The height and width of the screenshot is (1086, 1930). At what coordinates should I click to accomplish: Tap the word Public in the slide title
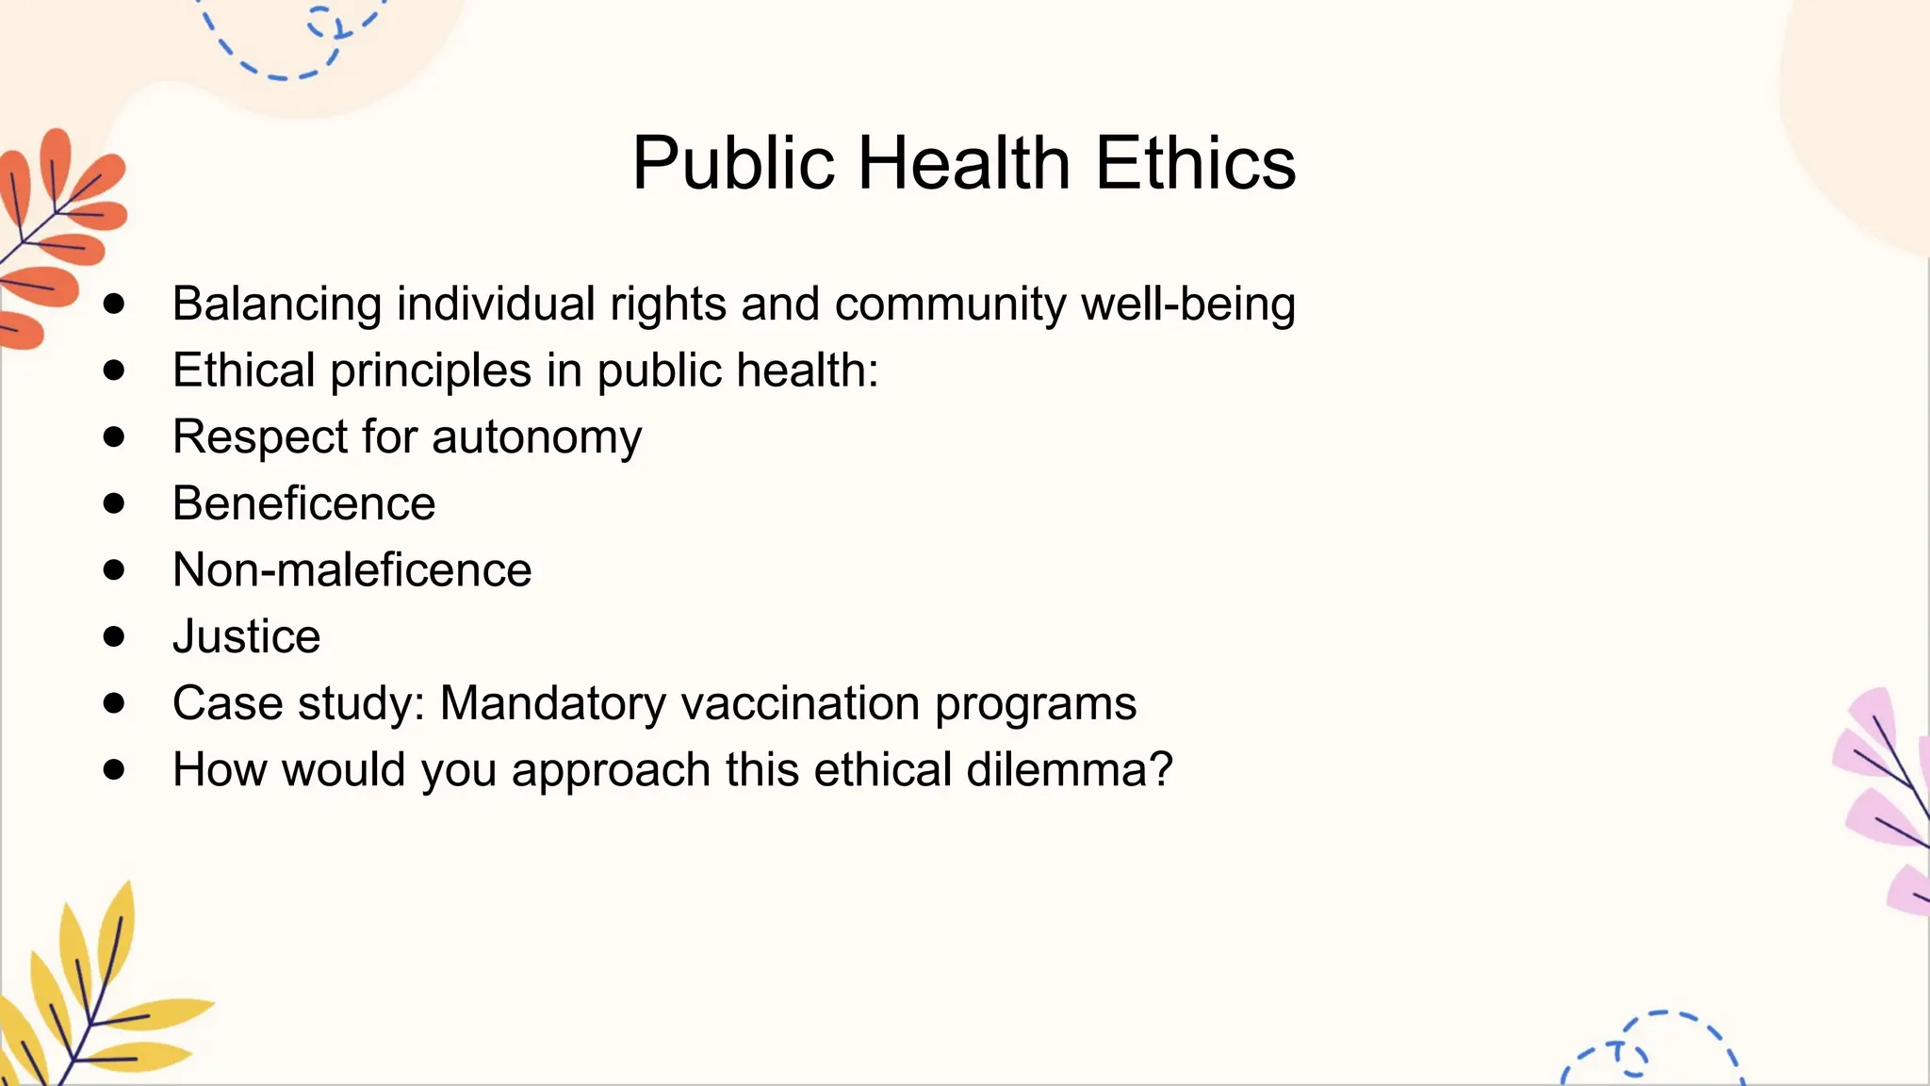click(x=733, y=162)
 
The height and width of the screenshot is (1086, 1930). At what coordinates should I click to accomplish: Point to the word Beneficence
click(x=303, y=503)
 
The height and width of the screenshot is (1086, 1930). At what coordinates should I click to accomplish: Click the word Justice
click(x=246, y=636)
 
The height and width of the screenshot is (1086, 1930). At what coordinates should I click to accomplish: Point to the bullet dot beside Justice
click(x=114, y=636)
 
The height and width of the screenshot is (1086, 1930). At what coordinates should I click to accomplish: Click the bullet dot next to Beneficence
click(x=114, y=503)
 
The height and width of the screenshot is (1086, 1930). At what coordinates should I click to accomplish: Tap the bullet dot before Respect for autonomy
click(x=114, y=436)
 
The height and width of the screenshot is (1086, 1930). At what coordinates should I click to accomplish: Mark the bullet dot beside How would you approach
click(x=114, y=769)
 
